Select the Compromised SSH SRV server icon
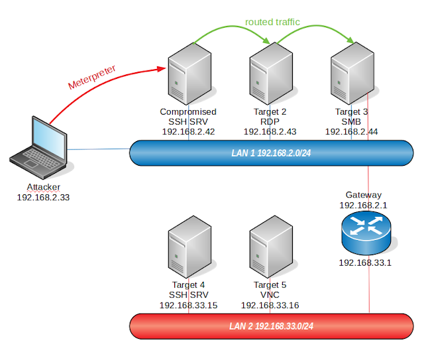click(x=189, y=74)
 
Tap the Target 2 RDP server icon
click(x=270, y=74)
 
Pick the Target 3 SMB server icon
click(x=351, y=74)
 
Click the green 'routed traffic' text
click(x=272, y=22)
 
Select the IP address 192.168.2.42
click(x=189, y=132)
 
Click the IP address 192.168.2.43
click(x=270, y=132)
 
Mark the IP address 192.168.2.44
click(x=351, y=132)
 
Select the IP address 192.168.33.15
click(x=189, y=306)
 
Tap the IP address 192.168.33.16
click(x=270, y=306)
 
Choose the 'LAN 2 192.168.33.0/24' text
click(x=271, y=326)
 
